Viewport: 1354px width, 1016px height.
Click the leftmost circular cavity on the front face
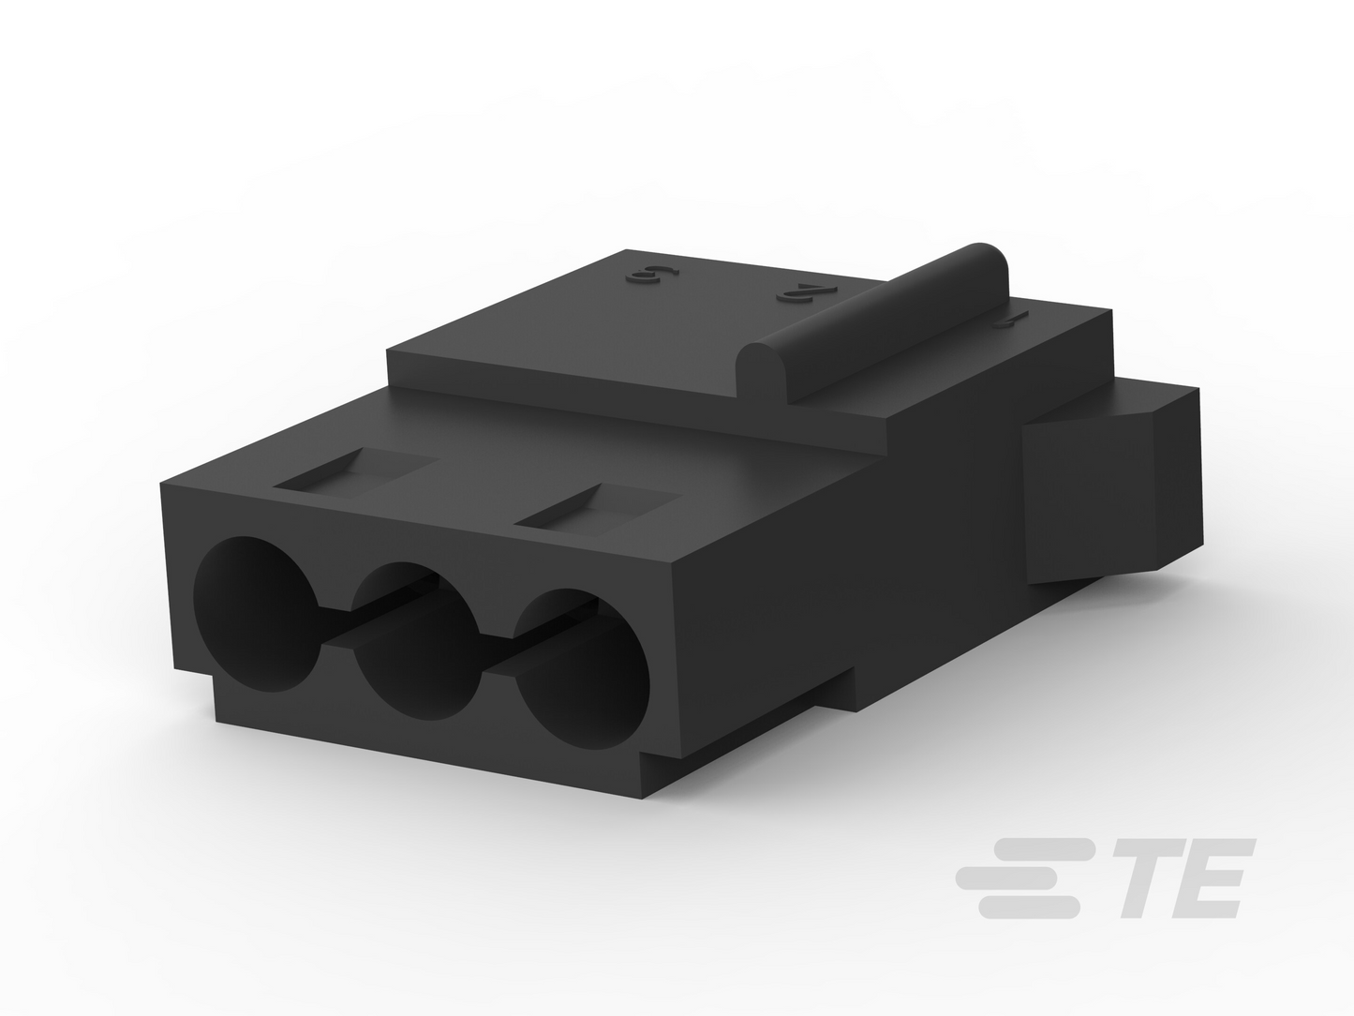coord(256,614)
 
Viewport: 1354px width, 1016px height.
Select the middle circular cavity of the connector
coord(415,640)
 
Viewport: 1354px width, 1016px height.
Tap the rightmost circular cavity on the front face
coord(582,668)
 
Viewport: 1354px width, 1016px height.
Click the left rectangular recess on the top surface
coord(357,473)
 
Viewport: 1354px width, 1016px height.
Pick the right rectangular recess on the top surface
coord(598,510)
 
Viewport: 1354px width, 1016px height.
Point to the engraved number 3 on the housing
coord(652,276)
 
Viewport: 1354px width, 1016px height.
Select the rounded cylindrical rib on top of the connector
coord(872,324)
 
